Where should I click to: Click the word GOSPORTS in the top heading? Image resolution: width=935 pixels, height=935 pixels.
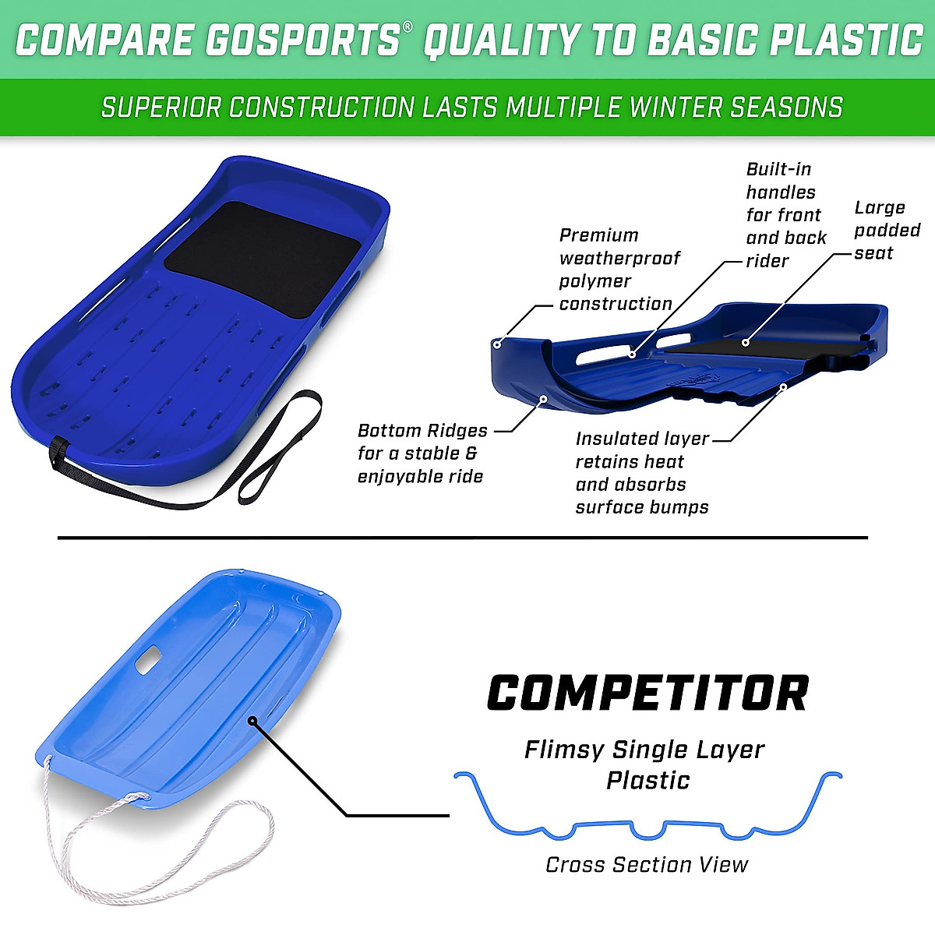(x=302, y=41)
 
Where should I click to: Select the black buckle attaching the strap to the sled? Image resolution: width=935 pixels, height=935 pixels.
(x=59, y=450)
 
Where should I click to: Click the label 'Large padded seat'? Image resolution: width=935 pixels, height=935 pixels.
(x=887, y=230)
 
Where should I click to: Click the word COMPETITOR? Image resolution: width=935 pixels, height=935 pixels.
(x=647, y=693)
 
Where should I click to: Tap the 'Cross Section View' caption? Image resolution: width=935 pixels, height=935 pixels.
(x=647, y=865)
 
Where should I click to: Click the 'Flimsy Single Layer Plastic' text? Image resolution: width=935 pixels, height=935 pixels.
(x=645, y=764)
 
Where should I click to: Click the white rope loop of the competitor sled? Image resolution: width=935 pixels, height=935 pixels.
(x=195, y=841)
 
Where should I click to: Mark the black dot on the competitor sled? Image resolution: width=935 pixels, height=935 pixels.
(x=252, y=721)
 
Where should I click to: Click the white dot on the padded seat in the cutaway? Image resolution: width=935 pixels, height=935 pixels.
(x=746, y=341)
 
